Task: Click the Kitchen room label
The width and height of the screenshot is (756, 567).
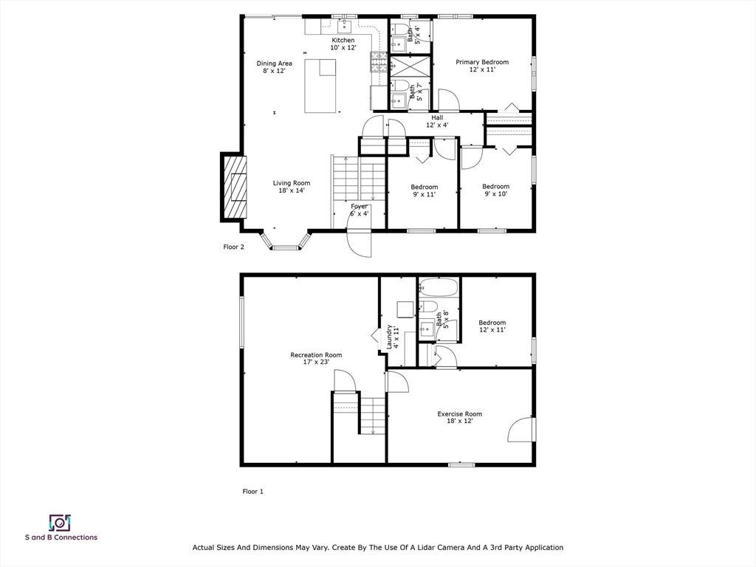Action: tap(343, 44)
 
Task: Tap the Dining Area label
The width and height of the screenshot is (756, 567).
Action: tap(274, 67)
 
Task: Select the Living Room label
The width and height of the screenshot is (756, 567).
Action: tap(292, 187)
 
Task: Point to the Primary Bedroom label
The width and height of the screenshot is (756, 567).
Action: tap(482, 66)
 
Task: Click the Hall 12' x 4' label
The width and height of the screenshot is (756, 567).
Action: tap(437, 121)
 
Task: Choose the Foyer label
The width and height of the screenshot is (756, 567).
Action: tap(360, 210)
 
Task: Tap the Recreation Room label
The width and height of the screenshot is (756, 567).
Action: tap(316, 358)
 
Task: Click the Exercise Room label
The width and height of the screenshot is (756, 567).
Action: tap(459, 417)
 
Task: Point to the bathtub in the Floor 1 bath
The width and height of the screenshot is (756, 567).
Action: tap(439, 287)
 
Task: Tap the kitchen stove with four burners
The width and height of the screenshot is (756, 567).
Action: tap(379, 62)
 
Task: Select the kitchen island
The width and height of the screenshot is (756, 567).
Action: tap(320, 86)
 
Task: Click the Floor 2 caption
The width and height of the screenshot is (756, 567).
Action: tap(234, 247)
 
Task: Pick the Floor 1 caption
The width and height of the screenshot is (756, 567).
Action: tap(252, 492)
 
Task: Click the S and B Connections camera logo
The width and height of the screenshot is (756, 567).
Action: tap(60, 523)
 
